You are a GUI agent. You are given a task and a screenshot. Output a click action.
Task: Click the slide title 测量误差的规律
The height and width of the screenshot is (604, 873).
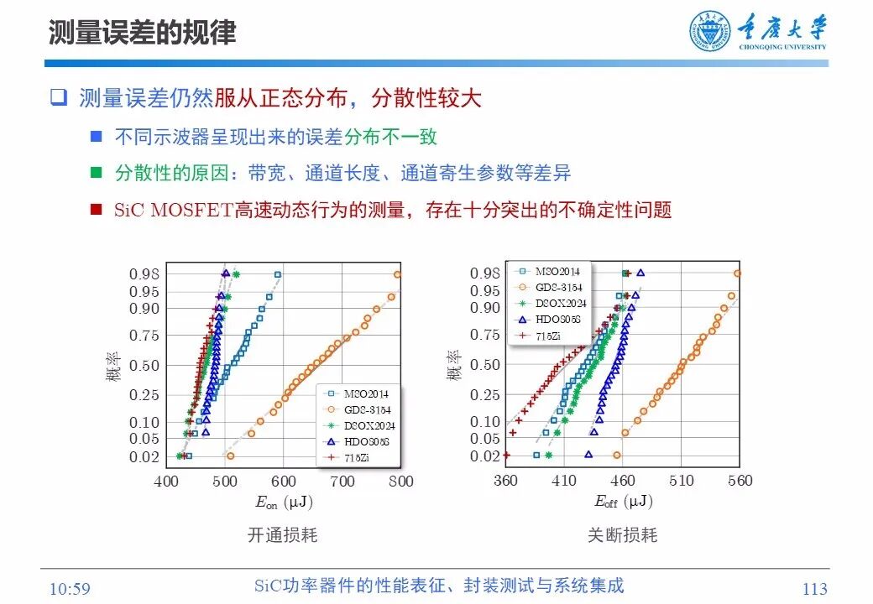(142, 32)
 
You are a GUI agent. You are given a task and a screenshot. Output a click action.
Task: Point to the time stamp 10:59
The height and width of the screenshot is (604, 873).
(70, 589)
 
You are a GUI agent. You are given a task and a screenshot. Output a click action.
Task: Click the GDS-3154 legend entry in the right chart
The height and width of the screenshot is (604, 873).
(558, 288)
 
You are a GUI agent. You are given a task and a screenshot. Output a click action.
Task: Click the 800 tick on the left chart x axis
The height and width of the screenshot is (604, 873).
(401, 482)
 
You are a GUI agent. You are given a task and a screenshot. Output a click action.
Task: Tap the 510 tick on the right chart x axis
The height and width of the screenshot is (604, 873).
(682, 481)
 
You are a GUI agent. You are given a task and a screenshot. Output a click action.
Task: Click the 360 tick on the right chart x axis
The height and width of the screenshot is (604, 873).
(505, 481)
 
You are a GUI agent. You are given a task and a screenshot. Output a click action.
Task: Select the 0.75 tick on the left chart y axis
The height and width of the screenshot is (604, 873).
(144, 336)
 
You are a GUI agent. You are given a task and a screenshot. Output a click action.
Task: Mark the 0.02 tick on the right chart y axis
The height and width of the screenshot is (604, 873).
(484, 456)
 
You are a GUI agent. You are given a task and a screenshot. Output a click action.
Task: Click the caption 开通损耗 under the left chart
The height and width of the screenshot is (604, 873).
(283, 534)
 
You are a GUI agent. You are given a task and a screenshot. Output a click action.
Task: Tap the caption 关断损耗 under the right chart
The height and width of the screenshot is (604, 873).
(622, 534)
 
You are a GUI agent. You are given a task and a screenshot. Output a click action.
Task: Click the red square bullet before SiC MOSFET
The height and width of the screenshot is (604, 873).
(96, 209)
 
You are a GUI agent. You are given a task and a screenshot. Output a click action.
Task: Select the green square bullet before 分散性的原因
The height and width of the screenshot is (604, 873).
(96, 173)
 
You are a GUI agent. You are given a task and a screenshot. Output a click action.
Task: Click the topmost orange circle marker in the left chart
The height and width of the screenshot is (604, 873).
(398, 274)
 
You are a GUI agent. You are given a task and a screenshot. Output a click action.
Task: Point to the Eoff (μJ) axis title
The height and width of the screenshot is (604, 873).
(623, 502)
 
